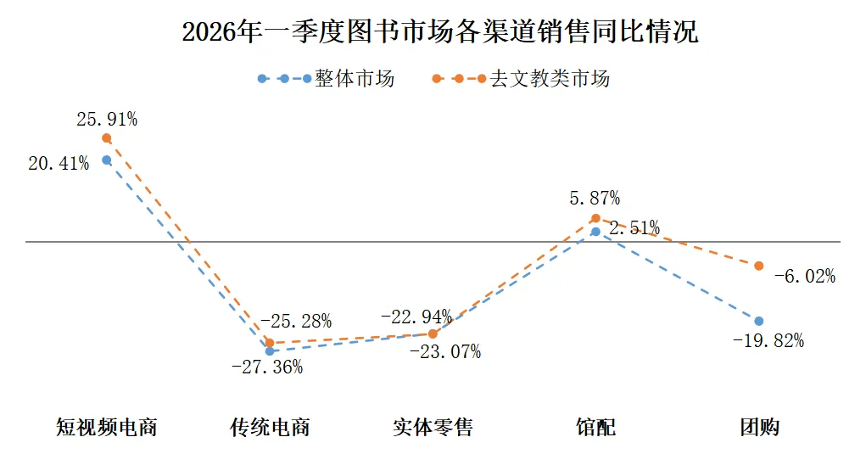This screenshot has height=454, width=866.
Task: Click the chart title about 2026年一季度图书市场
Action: pyautogui.click(x=440, y=31)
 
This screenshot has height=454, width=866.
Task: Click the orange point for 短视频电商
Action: pyautogui.click(x=107, y=137)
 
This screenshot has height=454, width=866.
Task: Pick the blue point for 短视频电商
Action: pyautogui.click(x=107, y=160)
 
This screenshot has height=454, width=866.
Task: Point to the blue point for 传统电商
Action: pyautogui.click(x=270, y=350)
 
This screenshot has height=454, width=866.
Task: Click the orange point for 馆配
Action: pyautogui.click(x=595, y=218)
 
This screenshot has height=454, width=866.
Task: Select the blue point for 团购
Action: pyautogui.click(x=758, y=321)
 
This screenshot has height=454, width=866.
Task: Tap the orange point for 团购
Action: pyautogui.click(x=758, y=266)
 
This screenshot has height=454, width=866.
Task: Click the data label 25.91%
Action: pyautogui.click(x=107, y=120)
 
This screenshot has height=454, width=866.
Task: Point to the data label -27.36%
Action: pyautogui.click(x=266, y=367)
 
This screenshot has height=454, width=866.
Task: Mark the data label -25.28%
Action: pyautogui.click(x=295, y=322)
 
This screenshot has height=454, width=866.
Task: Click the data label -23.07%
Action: pyautogui.click(x=444, y=351)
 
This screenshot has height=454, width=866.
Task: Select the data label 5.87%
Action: pyautogui.click(x=595, y=199)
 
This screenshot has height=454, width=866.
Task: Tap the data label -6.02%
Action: pyautogui.click(x=804, y=276)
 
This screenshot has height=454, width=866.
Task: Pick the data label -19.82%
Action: pyautogui.click(x=768, y=340)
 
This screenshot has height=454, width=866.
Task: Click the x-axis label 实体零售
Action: pyautogui.click(x=433, y=426)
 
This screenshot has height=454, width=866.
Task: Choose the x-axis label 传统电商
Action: pyautogui.click(x=270, y=426)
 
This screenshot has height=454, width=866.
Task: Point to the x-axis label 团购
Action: pyautogui.click(x=758, y=426)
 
